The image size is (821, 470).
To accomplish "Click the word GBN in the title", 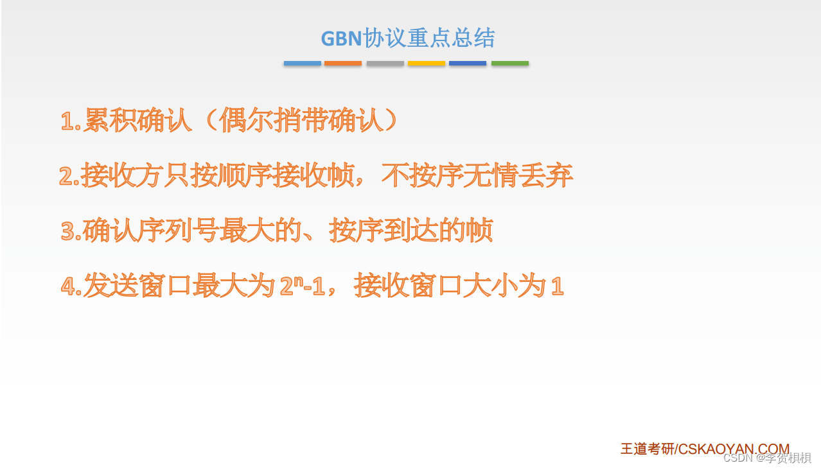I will point(342,39).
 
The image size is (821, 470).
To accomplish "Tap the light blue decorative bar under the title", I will point(303,64).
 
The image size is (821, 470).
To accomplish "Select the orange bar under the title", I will point(343,64).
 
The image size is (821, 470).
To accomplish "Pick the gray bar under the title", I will point(385,64).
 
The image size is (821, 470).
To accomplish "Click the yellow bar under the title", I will point(427,64).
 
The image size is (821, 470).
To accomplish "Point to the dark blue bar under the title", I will point(468,64).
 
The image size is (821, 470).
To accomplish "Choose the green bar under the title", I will point(510,64).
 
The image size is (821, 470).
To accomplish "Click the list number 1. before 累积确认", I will point(71,121).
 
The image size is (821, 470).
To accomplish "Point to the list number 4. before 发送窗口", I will point(71,286).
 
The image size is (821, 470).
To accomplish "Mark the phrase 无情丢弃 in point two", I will point(517,175).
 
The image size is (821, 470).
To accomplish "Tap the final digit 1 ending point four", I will point(557,286).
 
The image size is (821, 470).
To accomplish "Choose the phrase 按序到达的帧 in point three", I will point(411,231).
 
